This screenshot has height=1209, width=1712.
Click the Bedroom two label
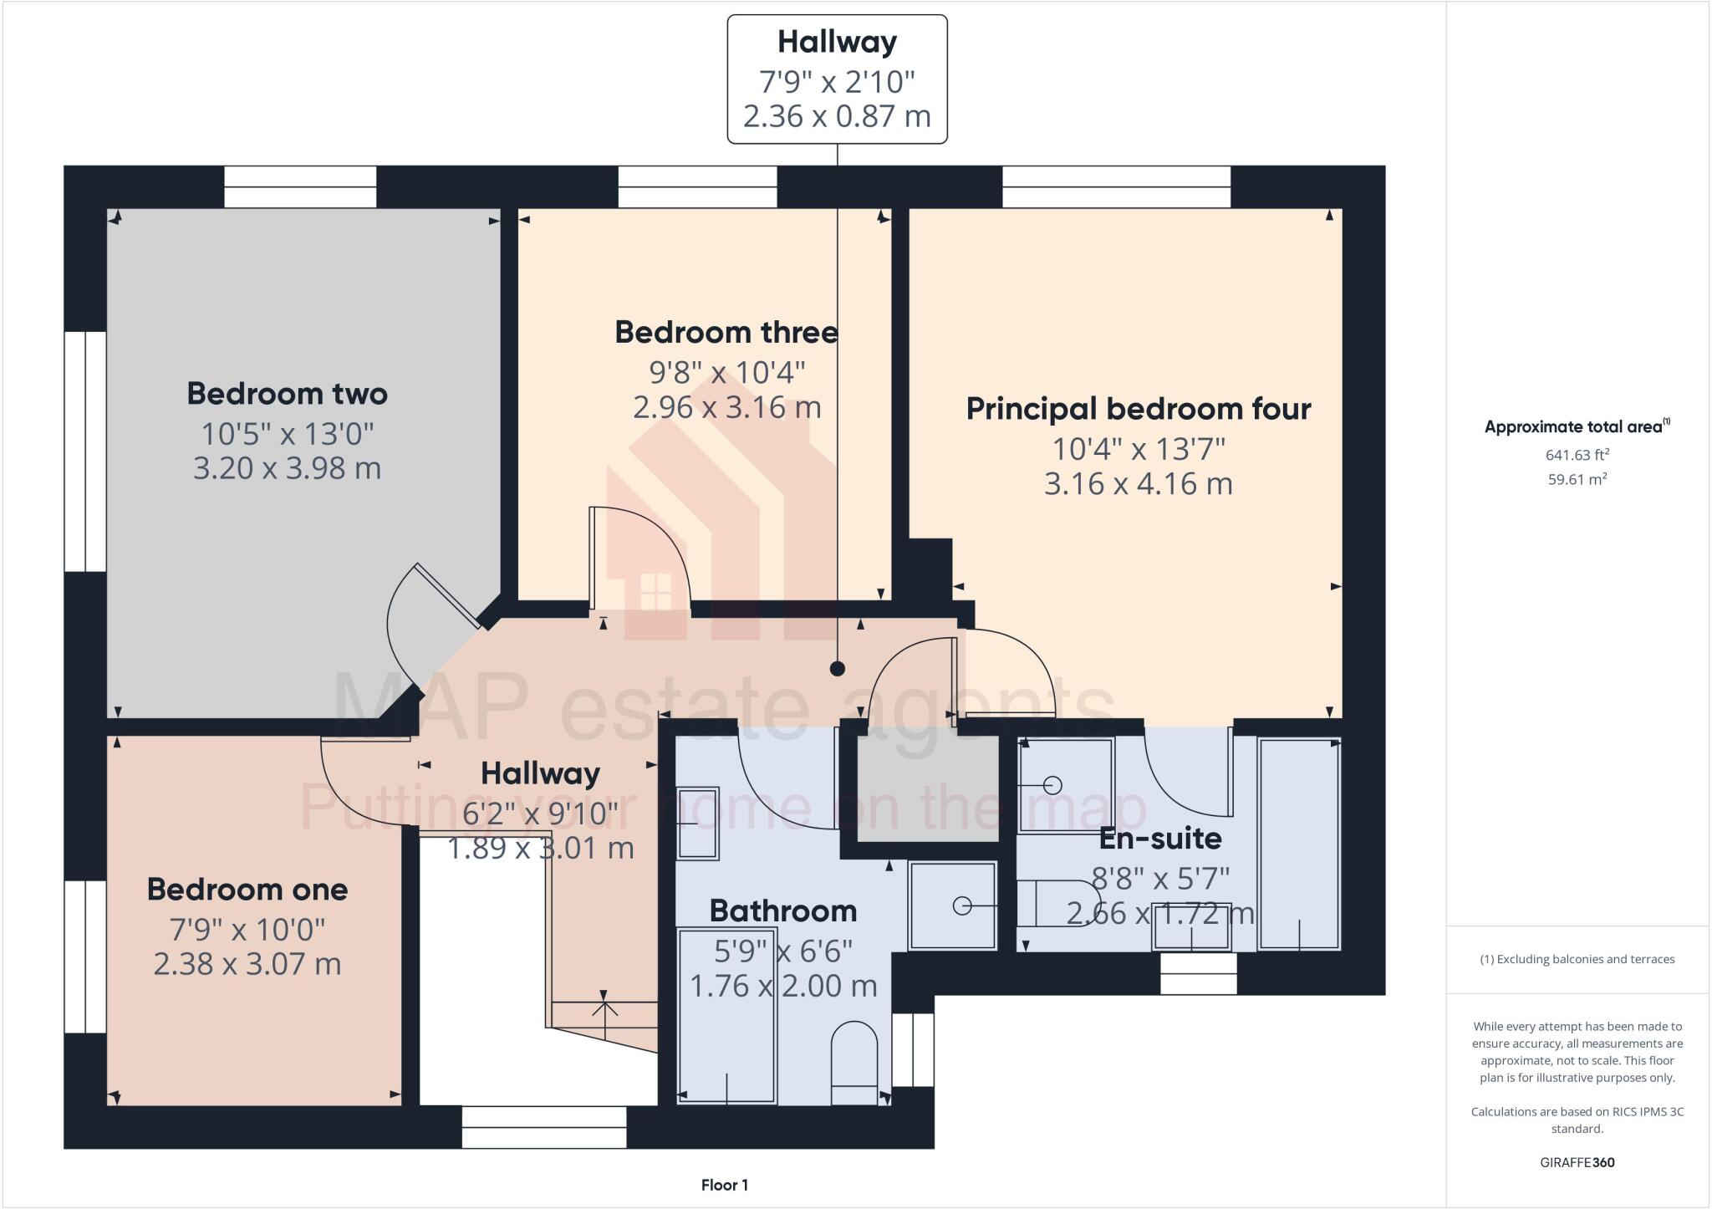[287, 394]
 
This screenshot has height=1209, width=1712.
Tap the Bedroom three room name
[726, 333]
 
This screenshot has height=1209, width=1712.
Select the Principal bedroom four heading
[1138, 409]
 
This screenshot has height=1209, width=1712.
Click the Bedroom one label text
[247, 890]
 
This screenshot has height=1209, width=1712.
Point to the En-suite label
[1160, 838]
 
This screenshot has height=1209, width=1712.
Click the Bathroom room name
[782, 911]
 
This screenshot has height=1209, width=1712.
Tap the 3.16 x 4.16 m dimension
[1138, 484]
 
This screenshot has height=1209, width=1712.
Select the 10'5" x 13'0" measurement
[287, 433]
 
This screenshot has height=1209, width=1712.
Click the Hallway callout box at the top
[837, 79]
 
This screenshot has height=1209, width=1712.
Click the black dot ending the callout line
[837, 669]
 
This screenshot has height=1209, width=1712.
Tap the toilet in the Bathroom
[854, 1062]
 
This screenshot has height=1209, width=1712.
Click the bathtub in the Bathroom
[726, 1016]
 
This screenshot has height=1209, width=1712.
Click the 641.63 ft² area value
[1577, 455]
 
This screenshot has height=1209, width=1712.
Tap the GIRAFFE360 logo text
[1577, 1162]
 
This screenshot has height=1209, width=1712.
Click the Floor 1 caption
[724, 1185]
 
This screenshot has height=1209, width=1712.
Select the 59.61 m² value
[1577, 479]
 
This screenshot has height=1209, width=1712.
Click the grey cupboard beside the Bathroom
[928, 790]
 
